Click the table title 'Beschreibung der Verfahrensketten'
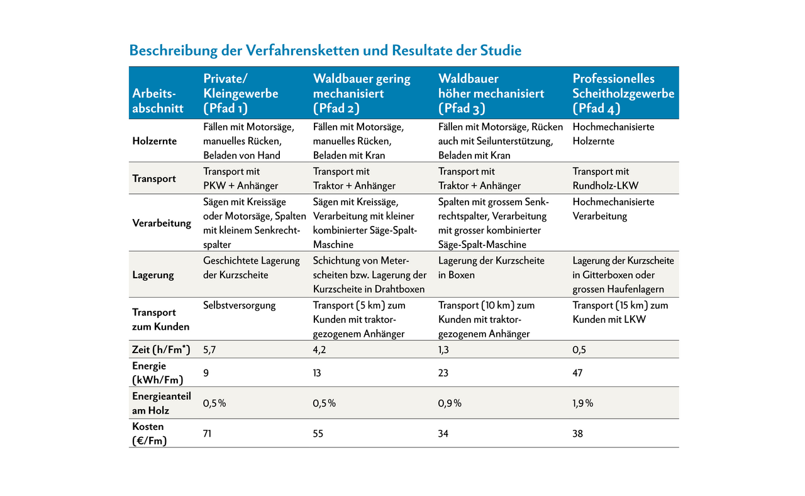tap(325, 50)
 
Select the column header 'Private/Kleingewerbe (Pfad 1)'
tap(240, 93)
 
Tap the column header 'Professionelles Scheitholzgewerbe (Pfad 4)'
tap(623, 93)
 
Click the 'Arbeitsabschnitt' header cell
tap(158, 101)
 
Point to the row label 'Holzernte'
tap(155, 141)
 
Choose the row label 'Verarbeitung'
tap(162, 223)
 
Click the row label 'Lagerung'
tap(153, 275)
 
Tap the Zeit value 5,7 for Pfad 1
tap(210, 349)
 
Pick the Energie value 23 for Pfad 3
tap(444, 373)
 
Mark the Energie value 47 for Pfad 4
tap(578, 373)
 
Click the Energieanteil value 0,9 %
tap(450, 403)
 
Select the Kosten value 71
tap(209, 434)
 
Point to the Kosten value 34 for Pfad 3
tap(444, 434)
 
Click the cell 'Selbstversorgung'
tap(240, 305)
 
